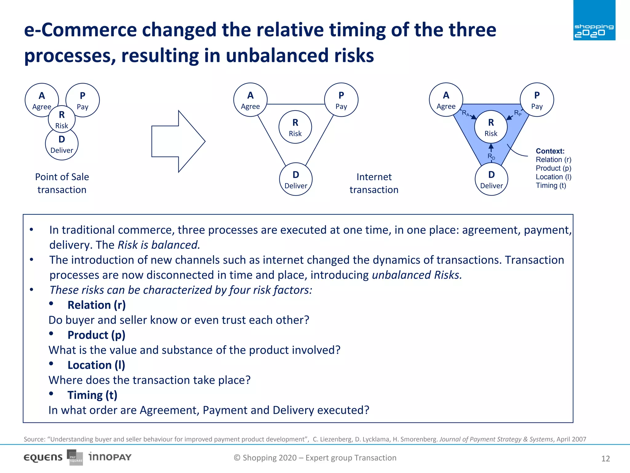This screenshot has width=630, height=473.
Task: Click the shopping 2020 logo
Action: point(594,20)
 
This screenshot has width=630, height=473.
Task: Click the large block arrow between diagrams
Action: point(178,141)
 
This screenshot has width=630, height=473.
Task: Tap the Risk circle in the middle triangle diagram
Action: point(295,127)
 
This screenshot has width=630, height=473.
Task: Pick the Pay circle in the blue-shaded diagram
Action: point(537,100)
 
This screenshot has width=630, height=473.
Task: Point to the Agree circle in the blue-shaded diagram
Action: point(446,100)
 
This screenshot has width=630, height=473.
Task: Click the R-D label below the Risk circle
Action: point(491,156)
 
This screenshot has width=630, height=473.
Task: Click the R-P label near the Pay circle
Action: point(518,113)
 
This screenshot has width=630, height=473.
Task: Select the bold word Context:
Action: point(550,151)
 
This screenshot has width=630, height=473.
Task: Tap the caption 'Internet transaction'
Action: point(374,183)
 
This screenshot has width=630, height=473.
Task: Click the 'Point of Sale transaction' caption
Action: point(62,183)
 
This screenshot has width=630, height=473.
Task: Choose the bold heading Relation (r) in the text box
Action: point(97,305)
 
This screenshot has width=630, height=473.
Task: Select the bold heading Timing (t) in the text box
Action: point(92,395)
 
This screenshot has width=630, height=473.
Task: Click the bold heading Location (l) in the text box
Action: point(96,365)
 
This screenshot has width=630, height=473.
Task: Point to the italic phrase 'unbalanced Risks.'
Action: point(417,275)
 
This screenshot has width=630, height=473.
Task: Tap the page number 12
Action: point(605,459)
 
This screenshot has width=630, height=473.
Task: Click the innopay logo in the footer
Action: point(110,457)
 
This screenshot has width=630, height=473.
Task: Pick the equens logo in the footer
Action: point(43,458)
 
